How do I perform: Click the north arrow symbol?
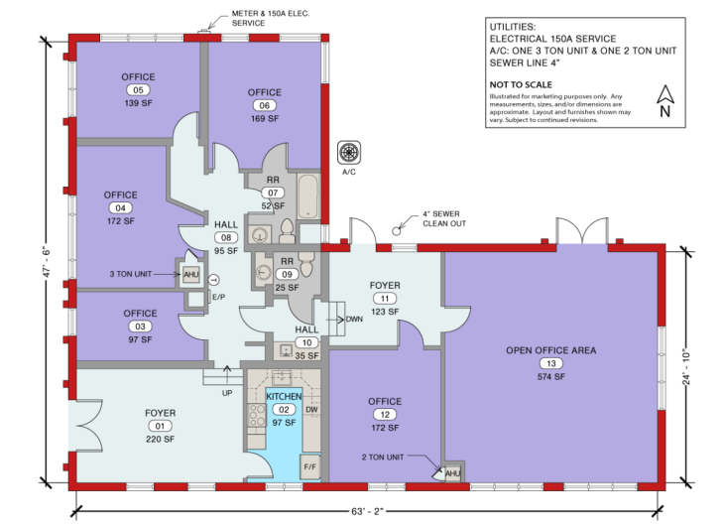[x=665, y=99]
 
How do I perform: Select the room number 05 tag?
[x=138, y=89]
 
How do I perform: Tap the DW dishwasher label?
[x=311, y=408]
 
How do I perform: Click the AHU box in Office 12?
[x=452, y=473]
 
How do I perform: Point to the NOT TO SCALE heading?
[x=516, y=85]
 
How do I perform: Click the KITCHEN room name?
[x=284, y=396]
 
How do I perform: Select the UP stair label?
[x=228, y=393]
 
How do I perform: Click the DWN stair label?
[x=353, y=320]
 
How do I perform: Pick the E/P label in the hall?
[x=219, y=296]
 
